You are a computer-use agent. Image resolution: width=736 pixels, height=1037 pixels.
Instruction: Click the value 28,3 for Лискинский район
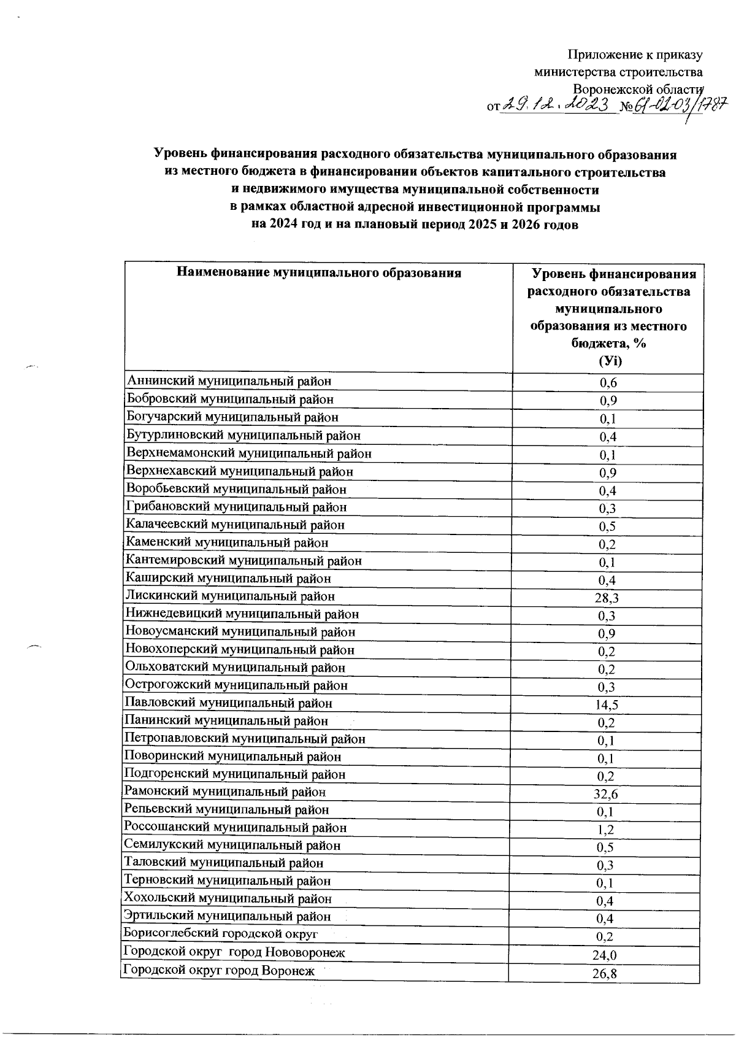(x=606, y=598)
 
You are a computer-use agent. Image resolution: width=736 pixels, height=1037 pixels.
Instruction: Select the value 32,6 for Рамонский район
(x=605, y=795)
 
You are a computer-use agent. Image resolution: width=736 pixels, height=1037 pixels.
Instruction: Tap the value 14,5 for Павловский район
(x=606, y=706)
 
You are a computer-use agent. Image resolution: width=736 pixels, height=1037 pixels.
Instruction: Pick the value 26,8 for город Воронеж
(x=605, y=973)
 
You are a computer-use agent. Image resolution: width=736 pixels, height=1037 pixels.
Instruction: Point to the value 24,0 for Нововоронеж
(x=605, y=955)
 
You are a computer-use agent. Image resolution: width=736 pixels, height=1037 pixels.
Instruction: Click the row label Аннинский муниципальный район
(x=229, y=381)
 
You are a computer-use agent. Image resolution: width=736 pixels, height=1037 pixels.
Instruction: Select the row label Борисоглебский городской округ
(x=221, y=934)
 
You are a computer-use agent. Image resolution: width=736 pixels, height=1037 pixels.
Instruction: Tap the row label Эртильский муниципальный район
(x=228, y=916)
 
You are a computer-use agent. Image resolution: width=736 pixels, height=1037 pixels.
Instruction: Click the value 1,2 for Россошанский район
(x=605, y=830)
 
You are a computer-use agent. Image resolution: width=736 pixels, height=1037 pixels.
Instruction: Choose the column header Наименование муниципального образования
(x=318, y=273)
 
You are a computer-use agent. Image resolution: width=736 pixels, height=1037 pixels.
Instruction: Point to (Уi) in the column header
(x=609, y=361)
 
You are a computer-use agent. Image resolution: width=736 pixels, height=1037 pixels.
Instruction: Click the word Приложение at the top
(x=606, y=55)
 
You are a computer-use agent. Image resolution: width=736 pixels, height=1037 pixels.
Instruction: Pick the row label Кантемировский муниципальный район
(x=243, y=560)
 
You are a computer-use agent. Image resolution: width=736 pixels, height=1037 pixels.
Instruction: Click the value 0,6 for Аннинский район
(x=608, y=384)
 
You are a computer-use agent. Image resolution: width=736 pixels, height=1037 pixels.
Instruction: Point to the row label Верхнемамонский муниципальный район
(x=248, y=453)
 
